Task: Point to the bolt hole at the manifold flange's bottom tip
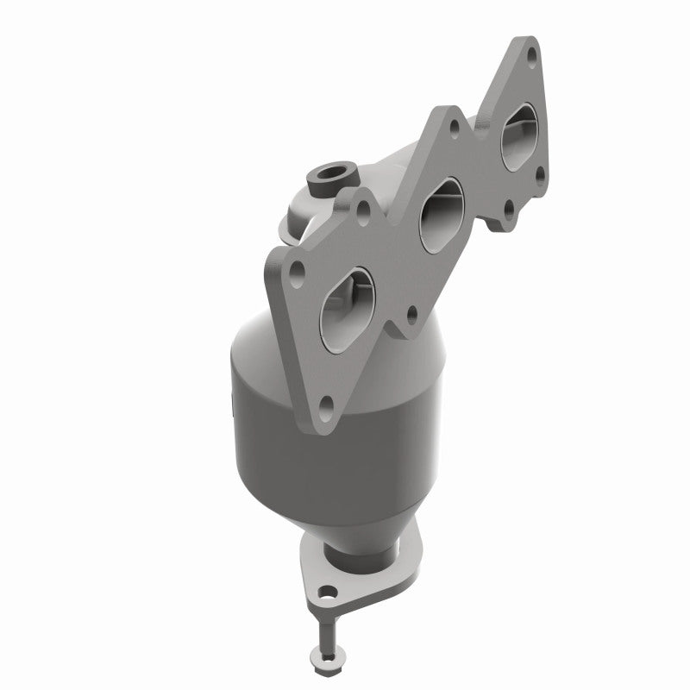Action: click(325, 404)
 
